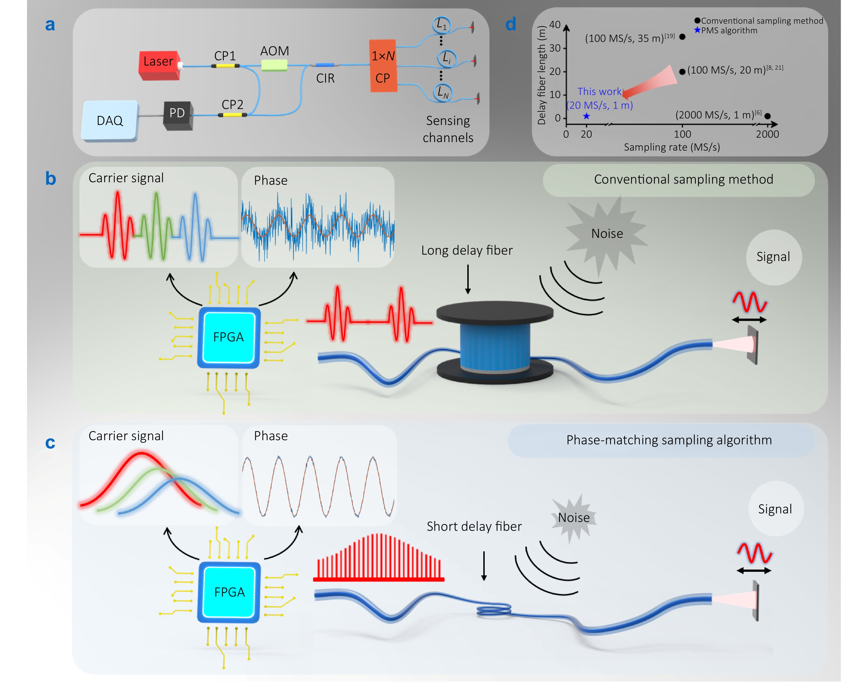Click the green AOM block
274,65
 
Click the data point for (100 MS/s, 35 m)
682,37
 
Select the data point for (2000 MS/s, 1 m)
767,116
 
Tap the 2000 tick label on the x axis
767,134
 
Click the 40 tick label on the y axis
555,25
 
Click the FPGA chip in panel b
228,337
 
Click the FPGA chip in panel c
229,592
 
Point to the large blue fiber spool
495,344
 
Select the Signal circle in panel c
775,509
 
